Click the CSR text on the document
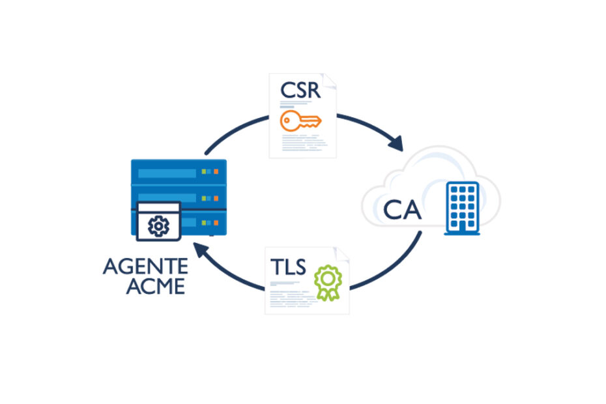point(300,89)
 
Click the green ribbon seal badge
point(327,281)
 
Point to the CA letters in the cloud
point(402,210)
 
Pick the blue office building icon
point(461,207)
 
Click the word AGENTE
point(145,267)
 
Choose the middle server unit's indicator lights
point(209,197)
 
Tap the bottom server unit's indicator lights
point(209,222)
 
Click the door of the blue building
point(461,225)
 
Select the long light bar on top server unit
point(166,173)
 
